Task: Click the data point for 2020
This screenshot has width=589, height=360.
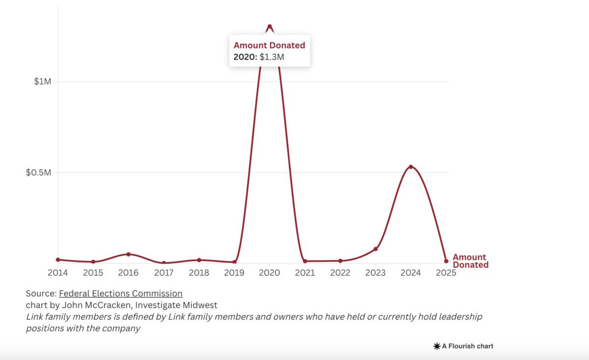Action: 269,26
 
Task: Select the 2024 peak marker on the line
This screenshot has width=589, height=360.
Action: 411,167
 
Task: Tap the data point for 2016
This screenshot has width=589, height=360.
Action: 129,254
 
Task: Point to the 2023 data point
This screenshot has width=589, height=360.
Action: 375,249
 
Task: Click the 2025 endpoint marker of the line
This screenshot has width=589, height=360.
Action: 446,261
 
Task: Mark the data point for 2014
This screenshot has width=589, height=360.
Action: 58,259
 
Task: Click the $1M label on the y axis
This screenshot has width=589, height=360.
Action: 42,81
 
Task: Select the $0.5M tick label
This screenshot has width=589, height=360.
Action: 38,173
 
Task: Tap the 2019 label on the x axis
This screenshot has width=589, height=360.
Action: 234,273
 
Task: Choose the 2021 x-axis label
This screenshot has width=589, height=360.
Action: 305,273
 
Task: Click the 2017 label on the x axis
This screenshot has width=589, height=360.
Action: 163,273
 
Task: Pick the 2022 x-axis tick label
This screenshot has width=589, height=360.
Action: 340,273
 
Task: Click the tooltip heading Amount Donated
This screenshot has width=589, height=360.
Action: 269,46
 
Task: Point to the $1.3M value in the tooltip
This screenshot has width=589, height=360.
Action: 272,57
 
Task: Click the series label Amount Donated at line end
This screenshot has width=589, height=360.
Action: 470,261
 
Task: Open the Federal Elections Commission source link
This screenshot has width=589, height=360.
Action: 121,293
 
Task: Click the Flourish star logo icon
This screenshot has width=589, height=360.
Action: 436,346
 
